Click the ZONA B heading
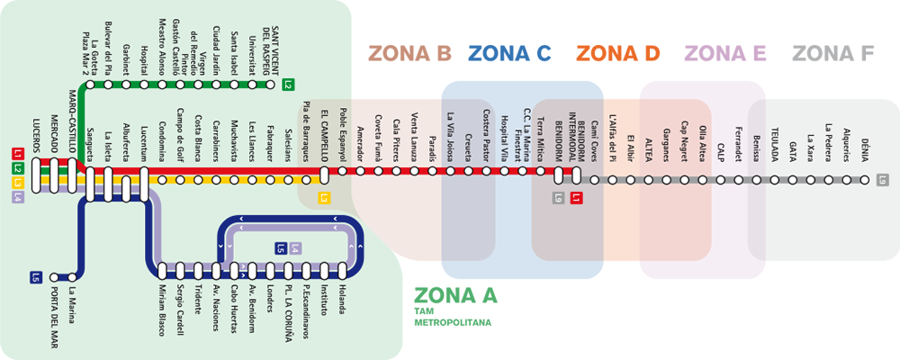(409, 54)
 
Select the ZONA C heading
(509, 54)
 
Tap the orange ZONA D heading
(618, 54)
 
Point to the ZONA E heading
(725, 54)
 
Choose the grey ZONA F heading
(833, 54)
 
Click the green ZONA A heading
(455, 294)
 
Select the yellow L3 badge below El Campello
(325, 197)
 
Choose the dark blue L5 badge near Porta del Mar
(37, 276)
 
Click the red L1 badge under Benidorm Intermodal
(577, 197)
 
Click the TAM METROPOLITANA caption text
(453, 316)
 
